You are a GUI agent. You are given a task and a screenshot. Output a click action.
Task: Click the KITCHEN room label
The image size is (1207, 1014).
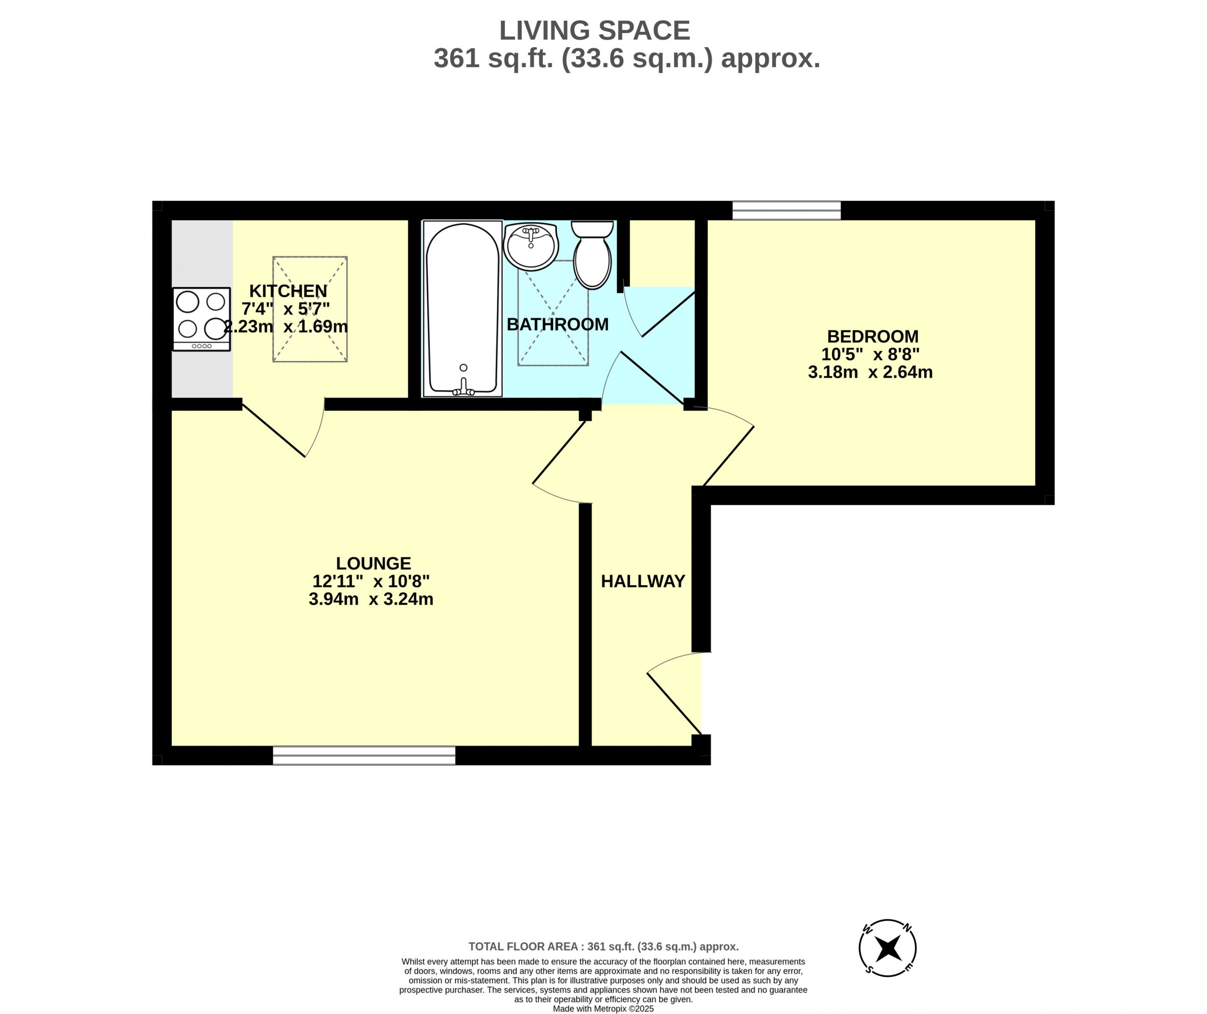(x=288, y=291)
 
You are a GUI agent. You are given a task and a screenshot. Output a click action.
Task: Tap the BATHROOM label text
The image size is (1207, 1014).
(x=557, y=324)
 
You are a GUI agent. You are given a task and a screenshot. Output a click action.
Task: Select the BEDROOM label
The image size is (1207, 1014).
(x=873, y=336)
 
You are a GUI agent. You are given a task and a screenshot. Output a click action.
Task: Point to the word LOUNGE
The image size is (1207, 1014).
(x=373, y=563)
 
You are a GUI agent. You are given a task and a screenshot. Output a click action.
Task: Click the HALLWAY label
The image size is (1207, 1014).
(x=643, y=581)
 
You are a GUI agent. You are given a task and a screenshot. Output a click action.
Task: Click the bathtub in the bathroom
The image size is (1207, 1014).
(x=463, y=309)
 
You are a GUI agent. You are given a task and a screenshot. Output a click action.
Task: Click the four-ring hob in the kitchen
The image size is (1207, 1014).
(x=202, y=319)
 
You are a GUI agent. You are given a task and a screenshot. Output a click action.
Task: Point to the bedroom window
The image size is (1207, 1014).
(x=786, y=210)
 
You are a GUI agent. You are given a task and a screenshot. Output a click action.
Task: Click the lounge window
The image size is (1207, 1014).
(x=364, y=755)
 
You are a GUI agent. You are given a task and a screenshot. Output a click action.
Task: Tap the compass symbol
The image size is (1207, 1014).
(x=887, y=947)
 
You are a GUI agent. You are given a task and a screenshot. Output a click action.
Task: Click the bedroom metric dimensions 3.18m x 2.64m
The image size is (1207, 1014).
(x=870, y=372)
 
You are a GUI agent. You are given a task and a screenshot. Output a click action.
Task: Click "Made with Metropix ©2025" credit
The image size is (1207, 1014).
(x=603, y=1009)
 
